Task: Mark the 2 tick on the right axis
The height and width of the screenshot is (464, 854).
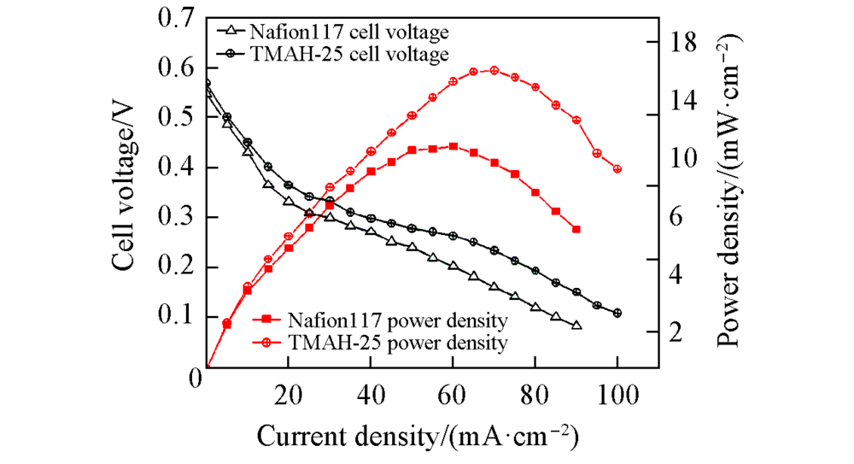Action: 675,332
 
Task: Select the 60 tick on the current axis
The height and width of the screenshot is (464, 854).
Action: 453,395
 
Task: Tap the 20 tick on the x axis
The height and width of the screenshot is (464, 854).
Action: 288,395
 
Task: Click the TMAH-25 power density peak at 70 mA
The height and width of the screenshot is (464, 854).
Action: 494,70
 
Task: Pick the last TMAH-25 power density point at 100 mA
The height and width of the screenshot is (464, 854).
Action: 617,169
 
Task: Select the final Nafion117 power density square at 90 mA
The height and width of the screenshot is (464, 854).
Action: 576,229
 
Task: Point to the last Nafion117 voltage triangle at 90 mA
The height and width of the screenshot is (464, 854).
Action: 576,326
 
